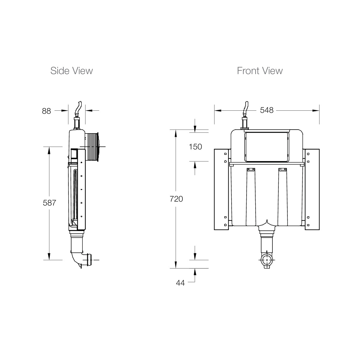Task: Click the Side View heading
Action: pos(71,71)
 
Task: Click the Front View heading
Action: pos(259,71)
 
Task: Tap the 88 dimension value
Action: pos(46,111)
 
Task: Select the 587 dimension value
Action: pos(49,203)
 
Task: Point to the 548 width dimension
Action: pos(267,110)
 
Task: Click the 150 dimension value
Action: pos(195,147)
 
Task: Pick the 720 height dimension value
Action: pos(176,199)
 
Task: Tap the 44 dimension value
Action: pos(180,283)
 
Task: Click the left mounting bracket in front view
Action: pos(221,190)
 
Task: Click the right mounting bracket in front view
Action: pos(312,190)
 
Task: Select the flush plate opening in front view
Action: pos(267,146)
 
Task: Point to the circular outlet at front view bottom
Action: pos(267,260)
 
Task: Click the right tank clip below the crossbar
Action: pos(282,170)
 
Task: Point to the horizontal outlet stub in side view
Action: pos(89,260)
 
